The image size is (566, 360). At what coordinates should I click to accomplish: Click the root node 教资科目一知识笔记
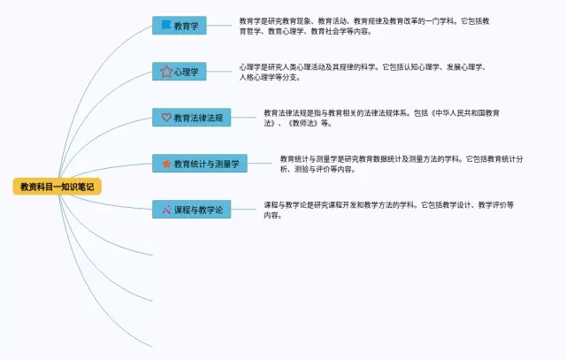click(x=57, y=187)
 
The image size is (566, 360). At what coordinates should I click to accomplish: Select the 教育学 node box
click(x=180, y=26)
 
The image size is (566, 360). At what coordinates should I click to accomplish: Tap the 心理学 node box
click(x=180, y=72)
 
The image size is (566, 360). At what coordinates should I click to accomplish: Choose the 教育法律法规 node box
click(x=192, y=117)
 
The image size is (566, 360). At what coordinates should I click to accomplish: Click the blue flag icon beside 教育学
click(x=165, y=26)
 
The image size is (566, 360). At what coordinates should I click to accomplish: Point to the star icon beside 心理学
click(x=165, y=72)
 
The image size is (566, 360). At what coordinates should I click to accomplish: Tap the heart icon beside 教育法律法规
click(x=165, y=117)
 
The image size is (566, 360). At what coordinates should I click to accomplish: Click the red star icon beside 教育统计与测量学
click(x=165, y=164)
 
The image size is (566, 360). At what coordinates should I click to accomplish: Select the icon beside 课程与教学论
click(x=165, y=210)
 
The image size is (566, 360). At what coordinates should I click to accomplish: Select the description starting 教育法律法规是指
click(x=381, y=118)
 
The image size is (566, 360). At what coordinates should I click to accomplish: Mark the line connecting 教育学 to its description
click(x=221, y=26)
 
